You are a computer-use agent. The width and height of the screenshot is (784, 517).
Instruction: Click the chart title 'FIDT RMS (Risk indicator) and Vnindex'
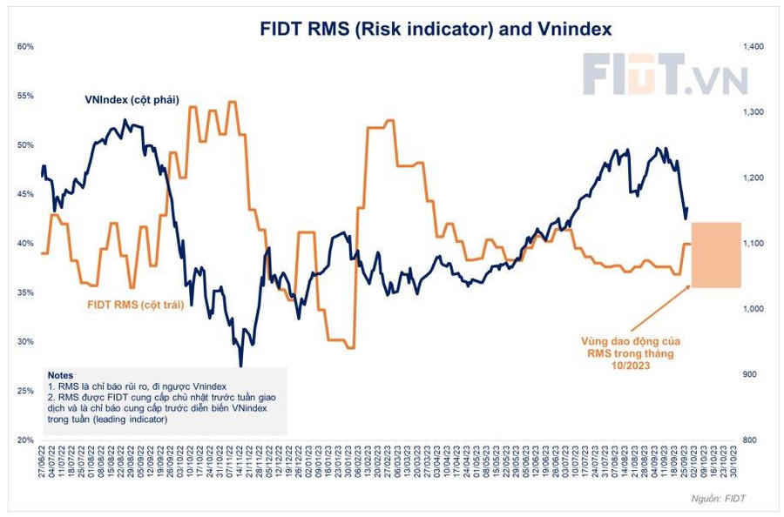click(x=436, y=29)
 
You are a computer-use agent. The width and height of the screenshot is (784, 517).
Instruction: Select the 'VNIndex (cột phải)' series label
click(x=132, y=99)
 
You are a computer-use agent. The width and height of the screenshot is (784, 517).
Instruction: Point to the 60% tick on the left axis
click(x=25, y=46)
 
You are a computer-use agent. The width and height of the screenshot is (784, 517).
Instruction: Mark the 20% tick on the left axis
click(x=25, y=440)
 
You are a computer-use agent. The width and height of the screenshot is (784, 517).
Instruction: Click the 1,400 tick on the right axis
click(x=752, y=46)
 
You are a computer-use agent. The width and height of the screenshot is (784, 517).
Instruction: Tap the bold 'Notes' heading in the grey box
click(x=62, y=372)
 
